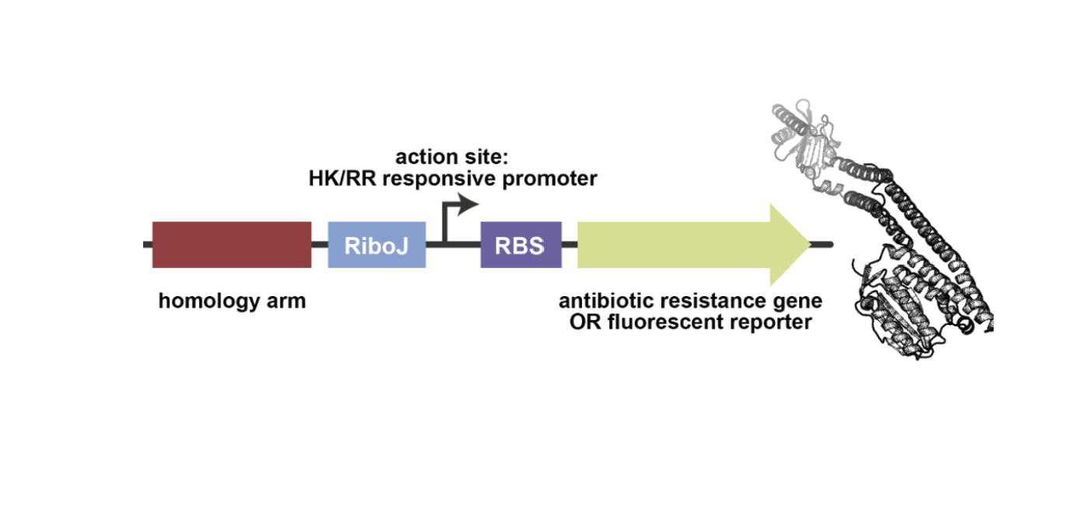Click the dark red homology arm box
(232, 245)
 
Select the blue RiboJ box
(377, 245)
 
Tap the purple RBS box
(520, 245)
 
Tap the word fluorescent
(661, 322)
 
